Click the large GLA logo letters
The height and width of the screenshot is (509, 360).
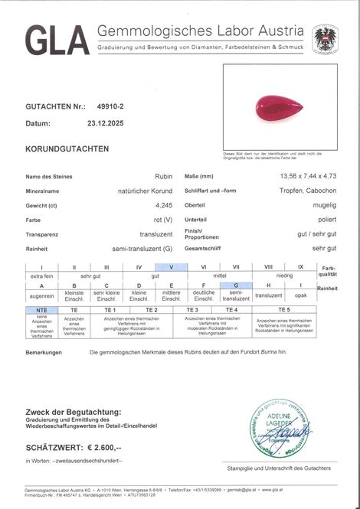point(57,39)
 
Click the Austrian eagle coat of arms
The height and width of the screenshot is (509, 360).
point(325,38)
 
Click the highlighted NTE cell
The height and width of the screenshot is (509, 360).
point(41,309)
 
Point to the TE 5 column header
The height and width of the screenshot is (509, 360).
point(283,309)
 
